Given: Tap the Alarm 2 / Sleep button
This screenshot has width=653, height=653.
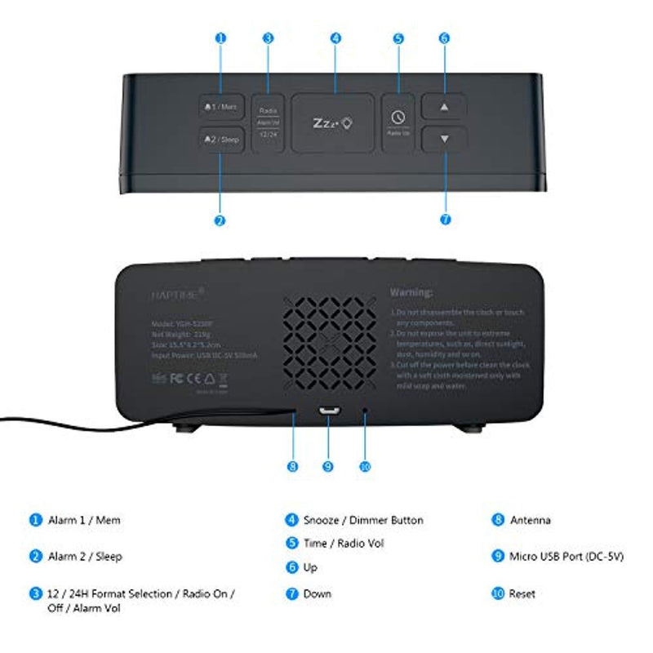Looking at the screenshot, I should [x=220, y=140].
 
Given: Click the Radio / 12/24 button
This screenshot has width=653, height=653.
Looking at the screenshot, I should [x=269, y=122].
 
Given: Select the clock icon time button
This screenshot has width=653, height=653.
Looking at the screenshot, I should [x=398, y=122].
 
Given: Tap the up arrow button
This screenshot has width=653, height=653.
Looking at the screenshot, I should [x=444, y=107].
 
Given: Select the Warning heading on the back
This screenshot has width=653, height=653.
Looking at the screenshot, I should [x=411, y=291].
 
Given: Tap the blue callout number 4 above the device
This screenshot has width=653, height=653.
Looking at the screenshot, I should [x=335, y=38].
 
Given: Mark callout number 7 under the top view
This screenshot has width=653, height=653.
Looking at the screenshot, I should [x=444, y=220].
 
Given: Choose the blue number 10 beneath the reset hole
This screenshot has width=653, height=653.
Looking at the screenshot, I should [x=364, y=466].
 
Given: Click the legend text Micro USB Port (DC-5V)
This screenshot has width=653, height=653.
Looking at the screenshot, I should [x=566, y=557].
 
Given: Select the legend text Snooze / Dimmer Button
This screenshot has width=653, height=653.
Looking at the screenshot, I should [x=363, y=520].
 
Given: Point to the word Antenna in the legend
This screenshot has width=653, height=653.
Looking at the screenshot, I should [x=531, y=520].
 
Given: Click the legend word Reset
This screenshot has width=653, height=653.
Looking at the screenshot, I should [x=522, y=593].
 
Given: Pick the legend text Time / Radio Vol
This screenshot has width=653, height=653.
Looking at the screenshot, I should [x=344, y=543].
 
